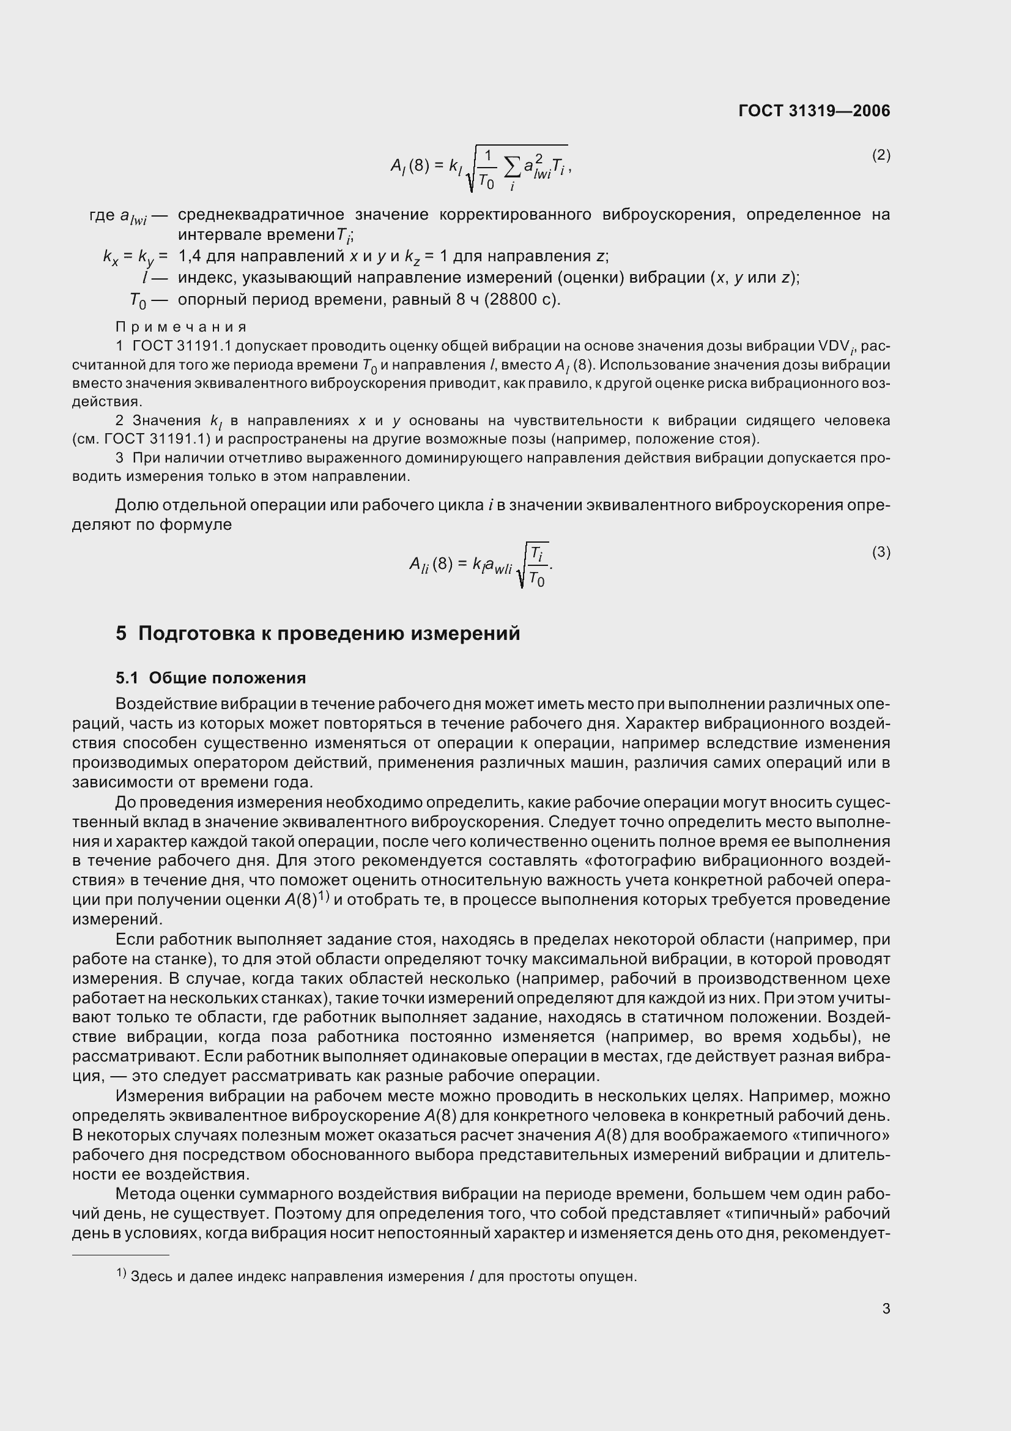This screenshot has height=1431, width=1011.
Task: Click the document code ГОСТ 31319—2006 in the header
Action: pyautogui.click(x=813, y=111)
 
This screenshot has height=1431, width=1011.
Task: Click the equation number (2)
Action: pyautogui.click(x=881, y=155)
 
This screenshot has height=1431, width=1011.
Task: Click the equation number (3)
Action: pyautogui.click(x=881, y=552)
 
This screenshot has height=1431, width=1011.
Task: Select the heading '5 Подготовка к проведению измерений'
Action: pyautogui.click(x=317, y=633)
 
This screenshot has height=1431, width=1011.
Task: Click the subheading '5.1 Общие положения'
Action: pyautogui.click(x=210, y=677)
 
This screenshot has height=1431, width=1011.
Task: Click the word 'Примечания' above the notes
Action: pyautogui.click(x=181, y=327)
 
